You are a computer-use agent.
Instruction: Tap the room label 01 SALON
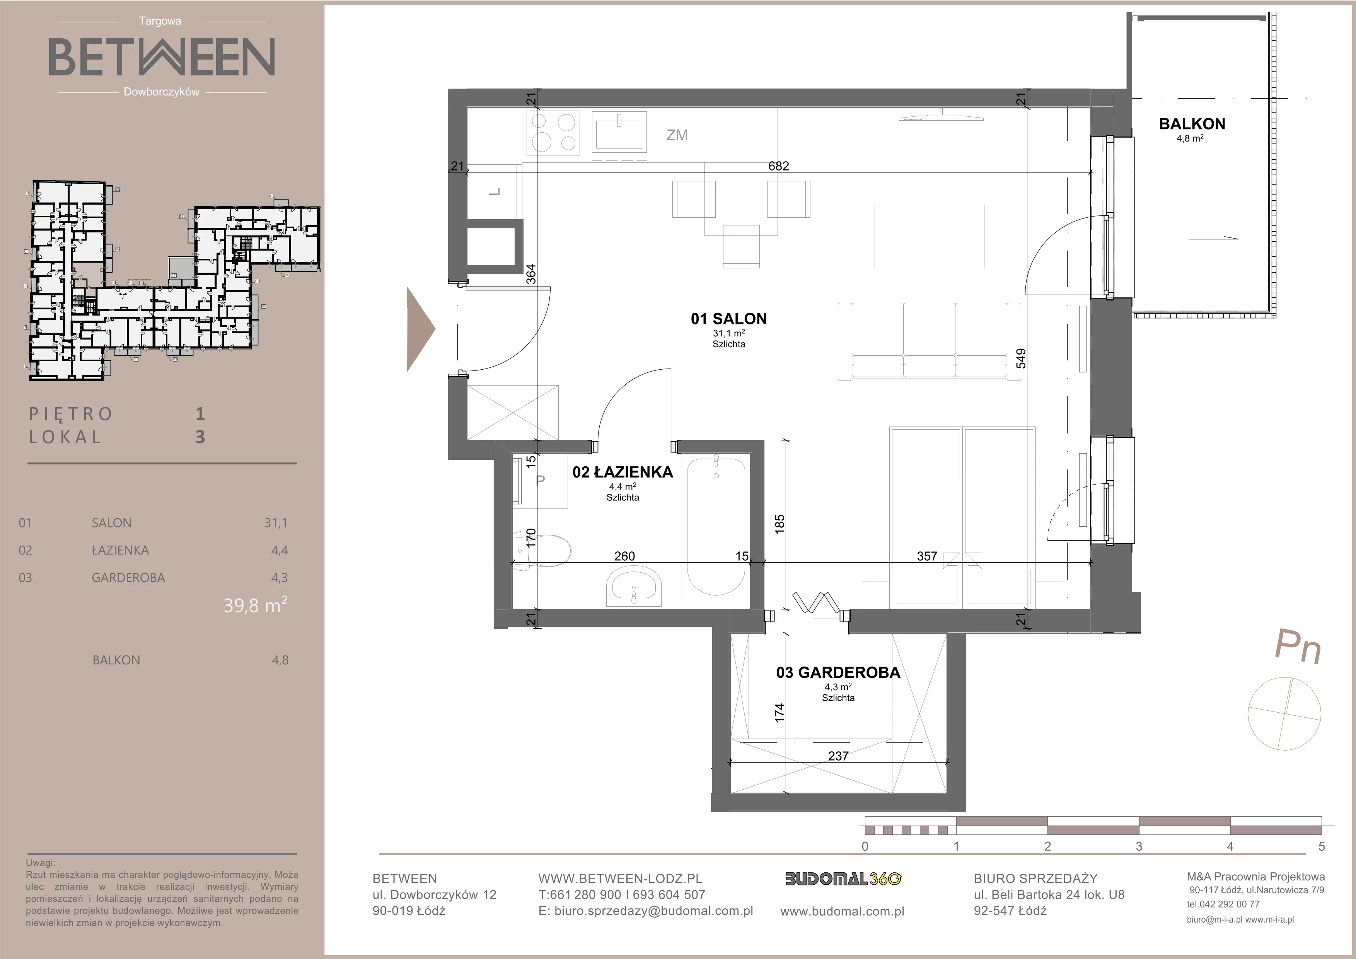(729, 319)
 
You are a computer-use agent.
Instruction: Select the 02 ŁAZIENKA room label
(623, 472)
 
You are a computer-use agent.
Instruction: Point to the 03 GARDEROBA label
(838, 672)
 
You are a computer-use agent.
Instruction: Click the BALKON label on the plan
(1192, 124)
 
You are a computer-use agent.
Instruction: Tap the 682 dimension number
(778, 166)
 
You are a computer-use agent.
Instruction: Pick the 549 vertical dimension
(1021, 358)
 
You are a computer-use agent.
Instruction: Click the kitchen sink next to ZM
(619, 133)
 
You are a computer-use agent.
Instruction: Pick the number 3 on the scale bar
(1139, 846)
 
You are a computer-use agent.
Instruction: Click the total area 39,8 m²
(255, 605)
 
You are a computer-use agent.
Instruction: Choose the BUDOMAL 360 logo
(843, 879)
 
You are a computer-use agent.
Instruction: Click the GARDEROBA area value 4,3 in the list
(279, 578)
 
